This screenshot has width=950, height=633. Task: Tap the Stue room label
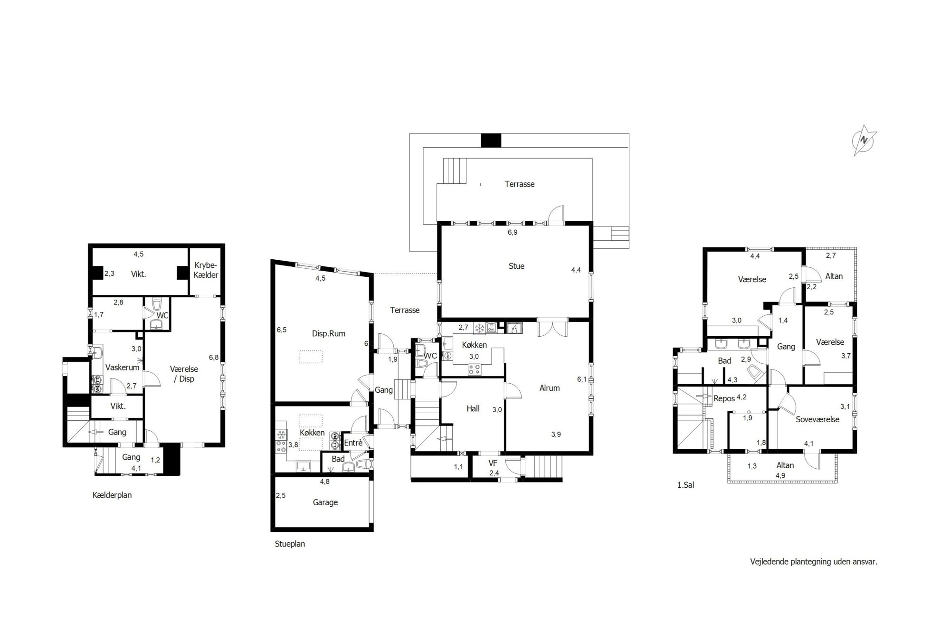(516, 266)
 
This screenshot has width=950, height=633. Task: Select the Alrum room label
(550, 388)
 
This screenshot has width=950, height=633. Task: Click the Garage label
(325, 502)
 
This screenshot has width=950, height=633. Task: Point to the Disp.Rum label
(329, 334)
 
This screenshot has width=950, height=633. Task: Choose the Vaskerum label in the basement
(123, 368)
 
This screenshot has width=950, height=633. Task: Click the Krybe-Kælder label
(206, 270)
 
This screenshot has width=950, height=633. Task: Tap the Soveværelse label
(817, 419)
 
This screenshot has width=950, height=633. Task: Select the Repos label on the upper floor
(724, 399)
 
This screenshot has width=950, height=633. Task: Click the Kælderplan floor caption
(112, 495)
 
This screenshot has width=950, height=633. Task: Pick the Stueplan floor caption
(290, 544)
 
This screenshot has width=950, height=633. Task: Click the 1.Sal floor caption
(685, 485)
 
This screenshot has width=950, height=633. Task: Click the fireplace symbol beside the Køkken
(513, 328)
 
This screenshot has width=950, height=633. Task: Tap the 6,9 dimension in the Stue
(513, 233)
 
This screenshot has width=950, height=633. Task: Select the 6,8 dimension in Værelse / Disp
(213, 358)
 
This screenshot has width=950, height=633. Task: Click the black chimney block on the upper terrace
(491, 141)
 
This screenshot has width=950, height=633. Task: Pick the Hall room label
(473, 409)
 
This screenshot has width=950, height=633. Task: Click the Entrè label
(353, 443)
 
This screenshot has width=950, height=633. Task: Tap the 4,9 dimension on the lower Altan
(780, 475)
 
